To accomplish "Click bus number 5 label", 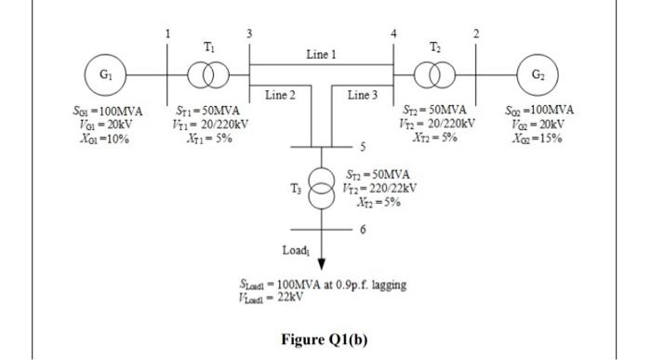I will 364,147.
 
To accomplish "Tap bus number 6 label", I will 364,229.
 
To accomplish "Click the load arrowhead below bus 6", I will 320,263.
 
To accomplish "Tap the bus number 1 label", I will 167,33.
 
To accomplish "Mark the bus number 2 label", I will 475,33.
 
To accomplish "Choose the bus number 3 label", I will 248,33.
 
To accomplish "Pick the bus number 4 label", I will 394,33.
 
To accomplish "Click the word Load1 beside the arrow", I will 296,250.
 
